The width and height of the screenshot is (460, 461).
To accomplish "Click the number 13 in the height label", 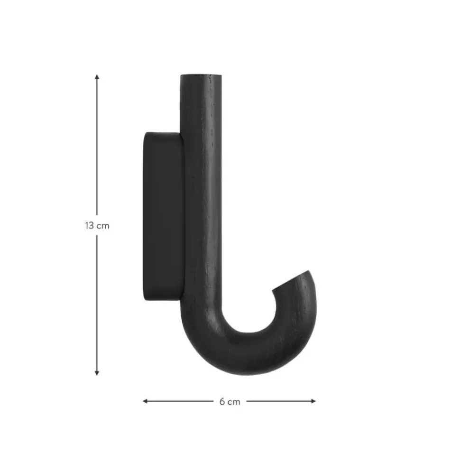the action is (89, 225).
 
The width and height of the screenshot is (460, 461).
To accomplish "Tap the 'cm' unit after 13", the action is (103, 226).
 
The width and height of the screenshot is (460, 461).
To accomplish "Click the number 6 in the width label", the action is (222, 401).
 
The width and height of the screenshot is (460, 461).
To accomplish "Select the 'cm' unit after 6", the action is (234, 402).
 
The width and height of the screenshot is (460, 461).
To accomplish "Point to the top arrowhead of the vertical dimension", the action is (97, 77).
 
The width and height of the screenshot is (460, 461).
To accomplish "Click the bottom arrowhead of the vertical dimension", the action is (97, 373).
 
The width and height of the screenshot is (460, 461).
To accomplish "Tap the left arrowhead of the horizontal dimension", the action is (145, 401).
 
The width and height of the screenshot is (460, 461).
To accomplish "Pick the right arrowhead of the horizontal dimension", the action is (313, 401).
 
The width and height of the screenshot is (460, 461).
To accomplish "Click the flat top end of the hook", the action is (201, 75).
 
